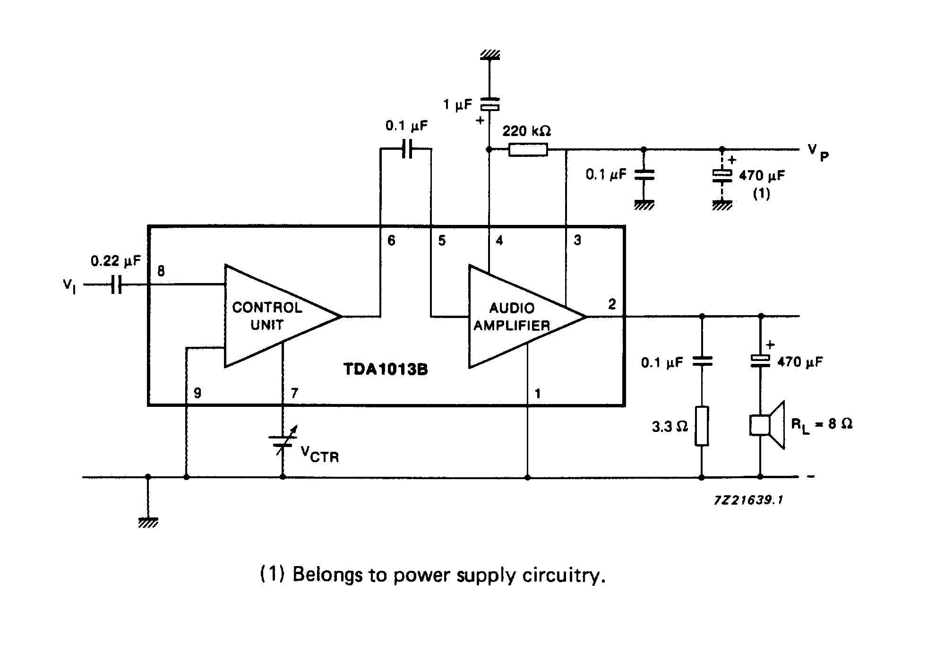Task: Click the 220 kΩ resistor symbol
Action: tap(528, 150)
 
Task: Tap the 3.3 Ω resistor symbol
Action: tap(702, 426)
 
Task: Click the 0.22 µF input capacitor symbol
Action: tap(116, 284)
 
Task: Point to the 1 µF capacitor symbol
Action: tap(489, 104)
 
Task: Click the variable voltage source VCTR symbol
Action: tap(283, 440)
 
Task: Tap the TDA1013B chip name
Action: tap(386, 369)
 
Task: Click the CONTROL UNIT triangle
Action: tap(283, 316)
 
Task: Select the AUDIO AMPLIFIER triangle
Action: tap(527, 317)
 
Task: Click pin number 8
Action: tap(161, 271)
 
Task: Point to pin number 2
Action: tap(612, 304)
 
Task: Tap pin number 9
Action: tap(198, 393)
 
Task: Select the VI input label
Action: tap(69, 286)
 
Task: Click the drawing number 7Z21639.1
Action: tap(748, 500)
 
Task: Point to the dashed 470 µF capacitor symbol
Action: tap(722, 176)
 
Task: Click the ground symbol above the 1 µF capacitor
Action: tap(490, 54)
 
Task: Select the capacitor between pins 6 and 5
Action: tap(406, 148)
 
